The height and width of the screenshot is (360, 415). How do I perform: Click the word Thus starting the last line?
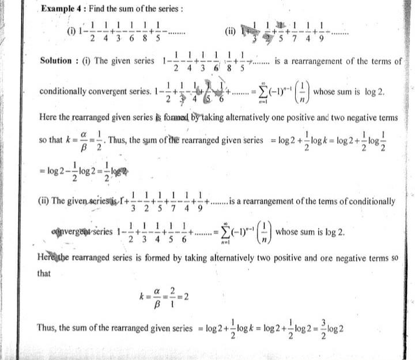(x=47, y=328)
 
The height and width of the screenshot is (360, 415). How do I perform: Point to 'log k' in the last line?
(x=237, y=328)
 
